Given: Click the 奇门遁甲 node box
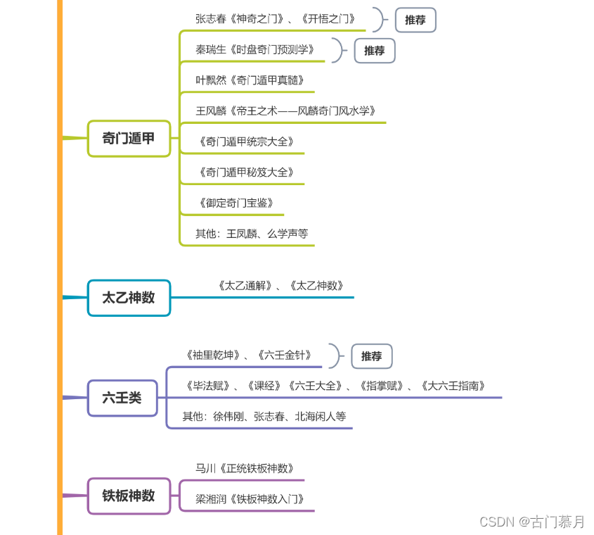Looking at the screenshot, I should pyautogui.click(x=129, y=139).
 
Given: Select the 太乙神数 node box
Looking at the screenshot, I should pyautogui.click(x=129, y=298).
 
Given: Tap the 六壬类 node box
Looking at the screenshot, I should pyautogui.click(x=122, y=398).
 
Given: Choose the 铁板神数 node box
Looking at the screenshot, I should pyautogui.click(x=129, y=496).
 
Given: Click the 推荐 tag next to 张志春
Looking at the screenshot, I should pyautogui.click(x=415, y=20).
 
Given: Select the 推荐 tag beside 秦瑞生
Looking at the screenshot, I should pyautogui.click(x=374, y=51).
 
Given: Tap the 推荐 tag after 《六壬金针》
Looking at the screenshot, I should pyautogui.click(x=371, y=356).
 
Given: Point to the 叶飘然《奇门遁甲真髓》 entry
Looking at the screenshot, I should pyautogui.click(x=250, y=80).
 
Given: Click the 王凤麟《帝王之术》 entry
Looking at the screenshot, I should pyautogui.click(x=286, y=111).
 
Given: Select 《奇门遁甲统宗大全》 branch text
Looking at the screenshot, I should pyautogui.click(x=246, y=141).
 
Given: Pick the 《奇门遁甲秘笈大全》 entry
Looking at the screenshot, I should pyautogui.click(x=246, y=172).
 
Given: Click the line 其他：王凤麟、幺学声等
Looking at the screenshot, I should pyautogui.click(x=252, y=233).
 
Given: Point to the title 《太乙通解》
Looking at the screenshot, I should pyautogui.click(x=244, y=286).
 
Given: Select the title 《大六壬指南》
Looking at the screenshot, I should pyautogui.click(x=453, y=386).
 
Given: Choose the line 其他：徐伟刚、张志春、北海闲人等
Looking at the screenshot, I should pyautogui.click(x=264, y=416).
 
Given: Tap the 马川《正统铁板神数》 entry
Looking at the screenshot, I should pyautogui.click(x=245, y=468).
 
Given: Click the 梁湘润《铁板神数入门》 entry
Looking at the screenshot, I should pyautogui.click(x=250, y=499).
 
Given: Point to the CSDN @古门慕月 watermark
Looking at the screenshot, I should pyautogui.click(x=531, y=522).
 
